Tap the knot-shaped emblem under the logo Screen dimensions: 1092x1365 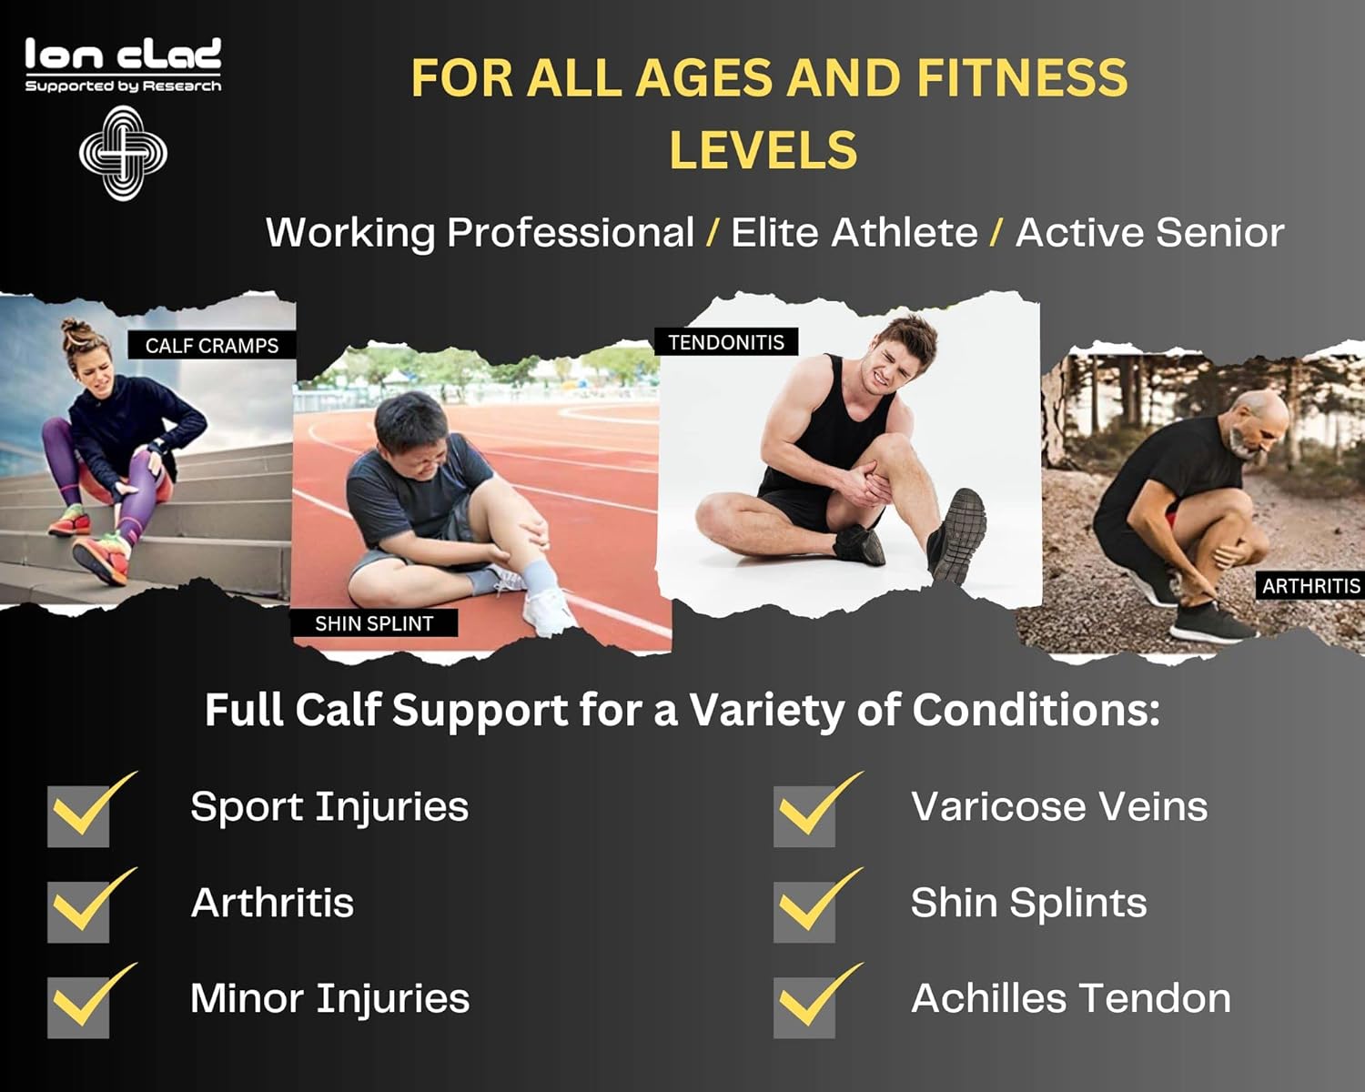(123, 153)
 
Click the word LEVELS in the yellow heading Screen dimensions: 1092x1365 (763, 150)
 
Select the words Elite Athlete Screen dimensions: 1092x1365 (854, 233)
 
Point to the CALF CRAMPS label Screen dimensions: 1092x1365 (211, 346)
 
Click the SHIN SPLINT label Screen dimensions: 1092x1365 (373, 623)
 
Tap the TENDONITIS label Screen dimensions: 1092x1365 (725, 342)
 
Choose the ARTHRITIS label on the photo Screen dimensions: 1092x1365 (1310, 586)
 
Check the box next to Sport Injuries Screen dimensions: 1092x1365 (79, 815)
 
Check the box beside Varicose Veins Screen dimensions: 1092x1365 (805, 815)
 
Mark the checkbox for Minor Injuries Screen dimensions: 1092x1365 (79, 1006)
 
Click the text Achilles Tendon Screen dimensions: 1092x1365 (1070, 998)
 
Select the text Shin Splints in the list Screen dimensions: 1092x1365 (1028, 903)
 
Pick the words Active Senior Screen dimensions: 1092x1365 (1149, 233)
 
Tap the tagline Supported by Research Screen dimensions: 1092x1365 (123, 86)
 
